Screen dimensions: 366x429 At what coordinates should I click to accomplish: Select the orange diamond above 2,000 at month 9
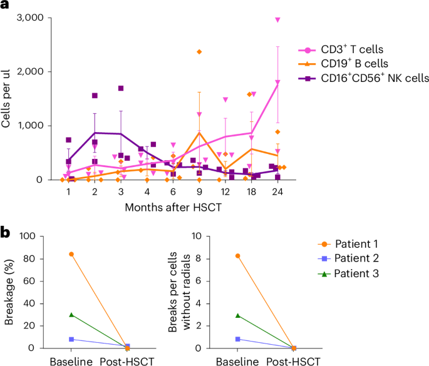click(199, 51)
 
